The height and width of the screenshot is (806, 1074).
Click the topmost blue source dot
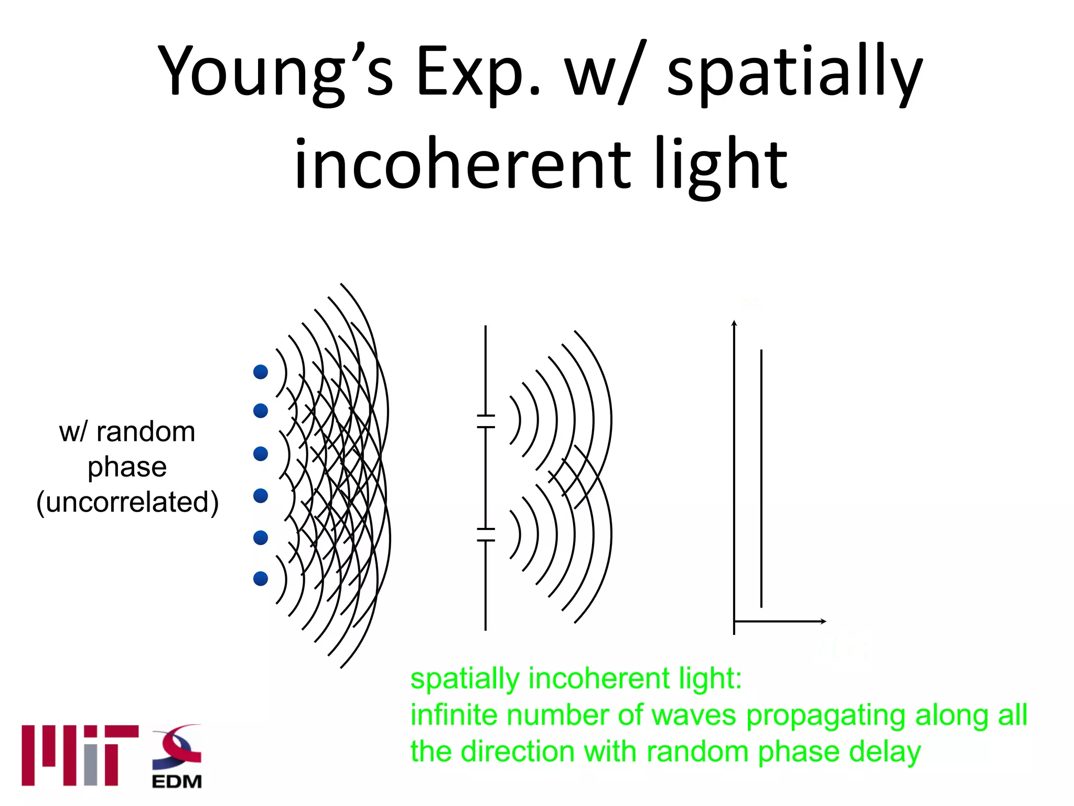[261, 372]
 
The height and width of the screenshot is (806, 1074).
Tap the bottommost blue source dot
[261, 579]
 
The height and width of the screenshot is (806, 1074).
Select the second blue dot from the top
[261, 410]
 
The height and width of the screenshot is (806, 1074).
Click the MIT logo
[80, 755]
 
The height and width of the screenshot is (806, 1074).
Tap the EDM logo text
[177, 782]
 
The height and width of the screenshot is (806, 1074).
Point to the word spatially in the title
[794, 73]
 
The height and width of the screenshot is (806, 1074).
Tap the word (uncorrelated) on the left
[127, 502]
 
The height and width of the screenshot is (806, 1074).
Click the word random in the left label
[146, 432]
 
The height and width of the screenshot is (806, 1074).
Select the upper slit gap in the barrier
[486, 421]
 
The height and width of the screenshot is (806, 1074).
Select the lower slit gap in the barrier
[486, 535]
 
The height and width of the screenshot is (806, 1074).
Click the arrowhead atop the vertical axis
[734, 323]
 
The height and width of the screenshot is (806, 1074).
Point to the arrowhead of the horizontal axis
[823, 621]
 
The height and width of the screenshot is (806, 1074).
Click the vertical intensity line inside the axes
[761, 478]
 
